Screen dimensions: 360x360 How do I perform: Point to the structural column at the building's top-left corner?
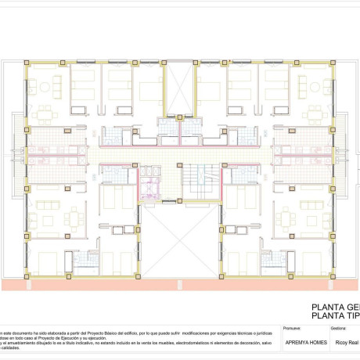pyautogui.click(x=27, y=65)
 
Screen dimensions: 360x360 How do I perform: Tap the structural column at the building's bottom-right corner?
pyautogui.click(x=334, y=275)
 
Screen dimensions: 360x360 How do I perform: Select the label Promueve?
pyautogui.click(x=292, y=329)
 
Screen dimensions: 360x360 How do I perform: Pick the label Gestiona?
pyautogui.click(x=338, y=329)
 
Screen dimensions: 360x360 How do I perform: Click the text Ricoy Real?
pyautogui.click(x=346, y=343)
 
